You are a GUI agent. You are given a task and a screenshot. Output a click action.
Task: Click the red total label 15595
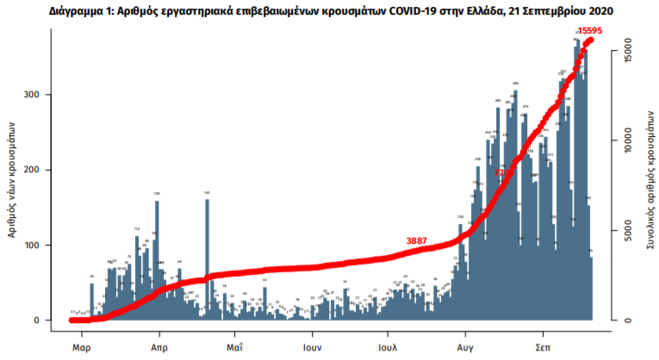[x=589, y=31]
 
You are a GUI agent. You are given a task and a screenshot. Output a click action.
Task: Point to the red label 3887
[x=420, y=241]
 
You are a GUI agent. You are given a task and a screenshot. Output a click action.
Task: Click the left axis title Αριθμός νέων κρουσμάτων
[x=13, y=181]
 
